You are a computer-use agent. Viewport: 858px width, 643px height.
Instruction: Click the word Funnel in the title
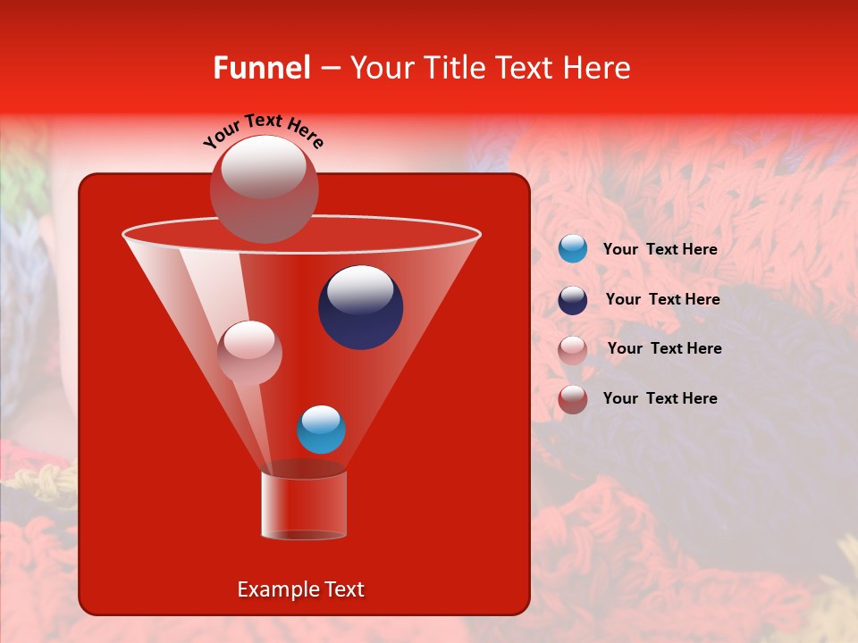tap(261, 68)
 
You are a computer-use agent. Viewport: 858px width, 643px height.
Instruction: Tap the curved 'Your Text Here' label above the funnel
tap(264, 131)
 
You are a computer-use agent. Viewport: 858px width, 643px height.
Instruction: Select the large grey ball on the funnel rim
tap(264, 189)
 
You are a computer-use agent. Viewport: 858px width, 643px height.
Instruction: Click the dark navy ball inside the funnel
tap(360, 307)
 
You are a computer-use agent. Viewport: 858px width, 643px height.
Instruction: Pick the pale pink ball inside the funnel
tap(249, 352)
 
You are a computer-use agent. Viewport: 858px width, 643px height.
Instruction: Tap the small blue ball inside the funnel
tap(321, 430)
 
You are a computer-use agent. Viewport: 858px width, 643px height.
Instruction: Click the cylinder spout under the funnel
tap(304, 505)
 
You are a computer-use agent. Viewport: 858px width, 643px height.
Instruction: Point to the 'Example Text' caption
tap(300, 589)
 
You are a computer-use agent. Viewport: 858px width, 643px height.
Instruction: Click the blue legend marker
tap(573, 249)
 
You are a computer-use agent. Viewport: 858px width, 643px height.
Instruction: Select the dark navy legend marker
tap(573, 300)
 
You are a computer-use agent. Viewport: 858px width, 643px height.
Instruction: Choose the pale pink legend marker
tap(573, 349)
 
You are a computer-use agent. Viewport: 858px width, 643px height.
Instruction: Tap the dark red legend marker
tap(573, 398)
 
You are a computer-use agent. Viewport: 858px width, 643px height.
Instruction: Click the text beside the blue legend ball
tap(660, 250)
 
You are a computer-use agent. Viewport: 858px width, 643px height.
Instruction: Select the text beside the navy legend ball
tap(662, 299)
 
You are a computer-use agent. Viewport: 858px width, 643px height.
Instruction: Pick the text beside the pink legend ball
tap(664, 348)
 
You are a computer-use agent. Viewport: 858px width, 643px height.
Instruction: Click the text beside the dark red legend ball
tap(660, 398)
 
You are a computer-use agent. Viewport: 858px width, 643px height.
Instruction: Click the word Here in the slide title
tap(598, 68)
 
